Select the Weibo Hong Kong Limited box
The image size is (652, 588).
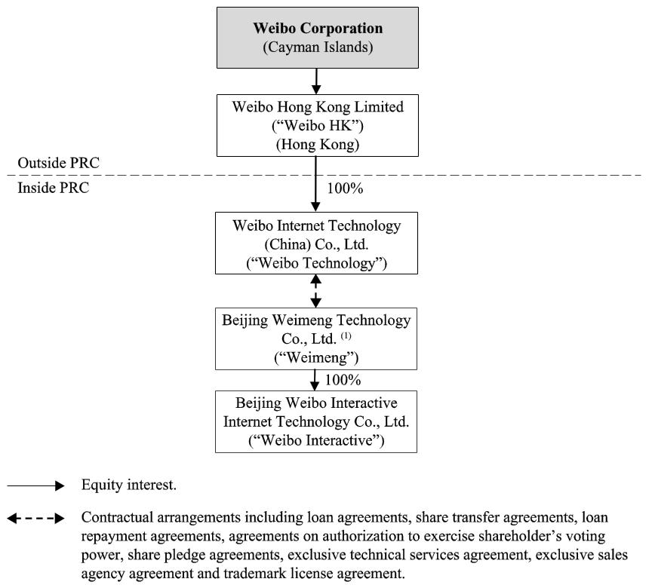pos(316,125)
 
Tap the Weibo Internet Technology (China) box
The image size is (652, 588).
pos(316,243)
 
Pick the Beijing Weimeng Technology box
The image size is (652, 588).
pos(316,338)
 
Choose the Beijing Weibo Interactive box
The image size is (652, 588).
pos(316,421)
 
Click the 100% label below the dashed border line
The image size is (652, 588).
pos(346,188)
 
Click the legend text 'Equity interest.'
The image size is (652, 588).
pos(129,485)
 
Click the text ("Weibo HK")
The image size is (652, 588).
pos(316,125)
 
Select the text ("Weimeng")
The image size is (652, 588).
pos(316,357)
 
